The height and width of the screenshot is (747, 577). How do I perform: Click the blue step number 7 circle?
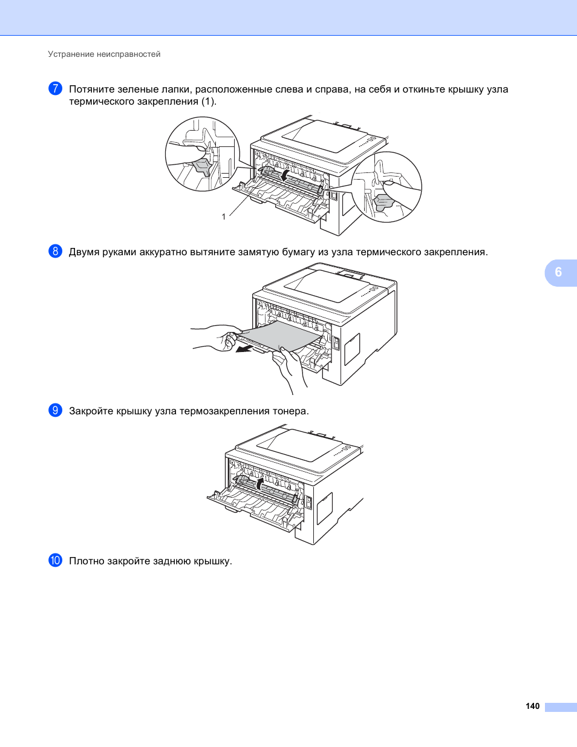pyautogui.click(x=55, y=88)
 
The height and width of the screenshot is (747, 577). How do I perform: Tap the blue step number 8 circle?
pyautogui.click(x=55, y=251)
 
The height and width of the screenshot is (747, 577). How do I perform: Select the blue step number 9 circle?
pyautogui.click(x=55, y=410)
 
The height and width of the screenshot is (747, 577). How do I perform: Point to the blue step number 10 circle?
pyautogui.click(x=55, y=560)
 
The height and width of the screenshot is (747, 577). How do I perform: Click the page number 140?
pyautogui.click(x=532, y=706)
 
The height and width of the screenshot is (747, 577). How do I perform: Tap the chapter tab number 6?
pyautogui.click(x=558, y=272)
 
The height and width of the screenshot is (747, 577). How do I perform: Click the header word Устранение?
pyautogui.click(x=71, y=54)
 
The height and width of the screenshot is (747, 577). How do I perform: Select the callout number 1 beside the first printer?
pyautogui.click(x=224, y=217)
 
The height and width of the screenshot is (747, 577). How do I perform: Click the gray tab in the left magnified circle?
pyautogui.click(x=200, y=167)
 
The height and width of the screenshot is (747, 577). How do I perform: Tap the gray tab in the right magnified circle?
pyautogui.click(x=384, y=203)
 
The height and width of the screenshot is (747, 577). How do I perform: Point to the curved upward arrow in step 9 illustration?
pyautogui.click(x=261, y=482)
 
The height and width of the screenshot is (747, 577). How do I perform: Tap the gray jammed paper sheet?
pyautogui.click(x=281, y=336)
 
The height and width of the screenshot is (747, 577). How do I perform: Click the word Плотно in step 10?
pyautogui.click(x=86, y=561)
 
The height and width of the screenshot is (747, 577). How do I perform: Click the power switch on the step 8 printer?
pyautogui.click(x=337, y=343)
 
